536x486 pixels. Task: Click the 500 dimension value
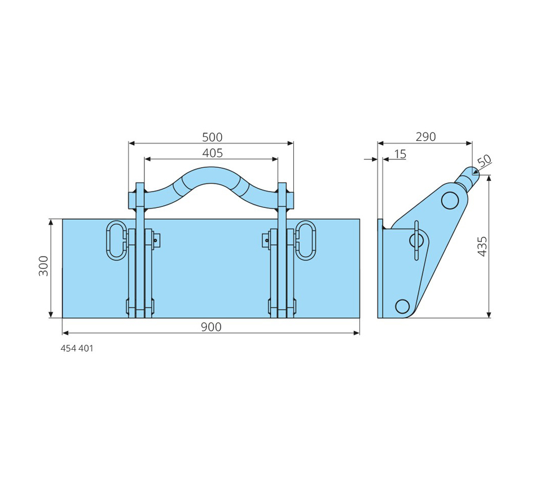[212, 137]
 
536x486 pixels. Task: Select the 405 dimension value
[212, 153]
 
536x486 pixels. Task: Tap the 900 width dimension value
[211, 327]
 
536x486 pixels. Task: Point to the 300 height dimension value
[43, 266]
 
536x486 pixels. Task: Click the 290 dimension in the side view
[425, 137]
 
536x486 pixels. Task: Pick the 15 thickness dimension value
[400, 154]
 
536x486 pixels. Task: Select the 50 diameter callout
[485, 160]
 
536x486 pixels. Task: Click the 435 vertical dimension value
[482, 246]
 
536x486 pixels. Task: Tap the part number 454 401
[77, 348]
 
